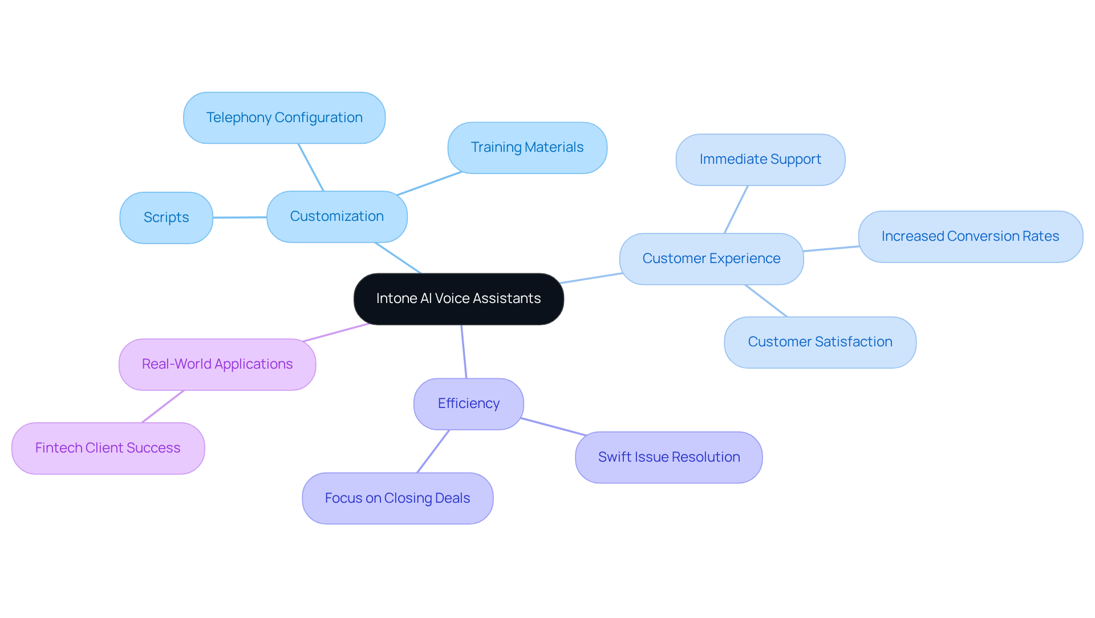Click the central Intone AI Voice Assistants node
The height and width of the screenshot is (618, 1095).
pos(459,299)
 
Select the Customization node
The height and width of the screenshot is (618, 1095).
pos(336,217)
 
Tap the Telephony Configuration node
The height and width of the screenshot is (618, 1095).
pos(284,118)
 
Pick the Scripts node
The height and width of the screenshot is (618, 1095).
pos(166,218)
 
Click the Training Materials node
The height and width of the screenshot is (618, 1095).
pos(527,148)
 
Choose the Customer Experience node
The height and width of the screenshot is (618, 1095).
pos(711,259)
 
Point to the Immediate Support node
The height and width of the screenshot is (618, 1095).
pos(760,160)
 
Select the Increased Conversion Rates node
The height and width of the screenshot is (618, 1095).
pos(970,237)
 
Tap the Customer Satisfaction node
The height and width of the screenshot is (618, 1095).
pos(820,342)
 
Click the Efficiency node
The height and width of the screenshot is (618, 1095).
pos(468,404)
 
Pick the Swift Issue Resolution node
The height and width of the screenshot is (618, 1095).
pos(668,458)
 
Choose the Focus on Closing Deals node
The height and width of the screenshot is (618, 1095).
pos(398,499)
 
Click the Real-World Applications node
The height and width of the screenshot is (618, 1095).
pos(217,365)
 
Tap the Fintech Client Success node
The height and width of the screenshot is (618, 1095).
pos(108,449)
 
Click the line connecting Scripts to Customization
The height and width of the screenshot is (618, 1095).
pos(240,217)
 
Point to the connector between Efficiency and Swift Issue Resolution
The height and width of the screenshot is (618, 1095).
pos(553,427)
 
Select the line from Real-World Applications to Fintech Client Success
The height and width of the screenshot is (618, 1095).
pos(163,407)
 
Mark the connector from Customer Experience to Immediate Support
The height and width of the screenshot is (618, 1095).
pos(736,209)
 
